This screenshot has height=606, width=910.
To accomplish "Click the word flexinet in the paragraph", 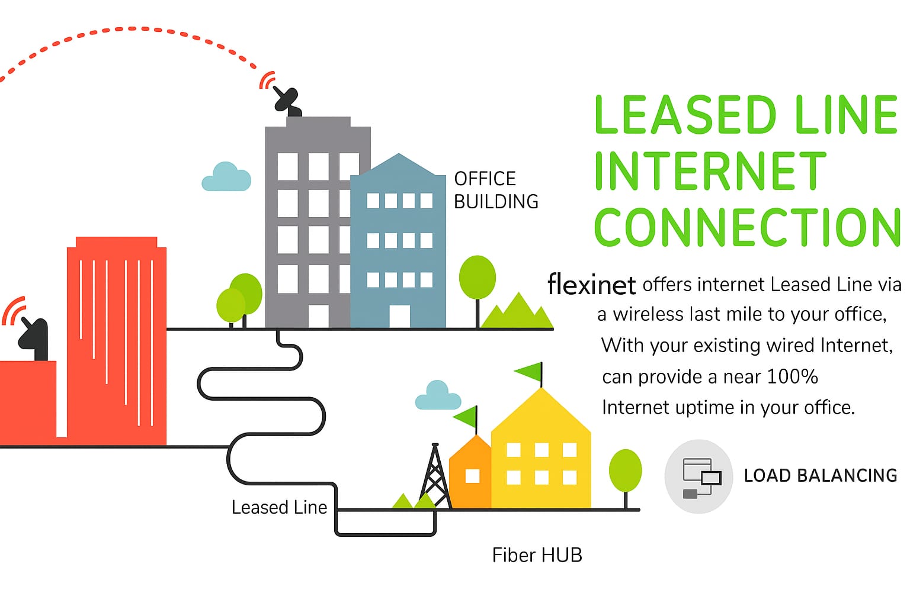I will pyautogui.click(x=591, y=285).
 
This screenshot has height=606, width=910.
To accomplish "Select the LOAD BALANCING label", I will pyautogui.click(x=820, y=475).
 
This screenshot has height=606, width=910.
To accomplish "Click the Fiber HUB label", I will pyautogui.click(x=537, y=555).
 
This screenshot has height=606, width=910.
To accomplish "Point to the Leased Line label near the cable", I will pyautogui.click(x=279, y=507).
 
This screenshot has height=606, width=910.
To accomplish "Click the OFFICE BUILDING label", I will pyautogui.click(x=496, y=190).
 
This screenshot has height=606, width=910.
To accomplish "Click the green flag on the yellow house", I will pyautogui.click(x=530, y=372).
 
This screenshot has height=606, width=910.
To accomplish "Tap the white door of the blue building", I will pyautogui.click(x=399, y=316).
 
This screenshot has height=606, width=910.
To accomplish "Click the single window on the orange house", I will pyautogui.click(x=472, y=476).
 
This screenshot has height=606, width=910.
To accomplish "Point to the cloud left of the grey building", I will pyautogui.click(x=226, y=178).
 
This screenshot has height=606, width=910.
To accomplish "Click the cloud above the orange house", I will pyautogui.click(x=438, y=397).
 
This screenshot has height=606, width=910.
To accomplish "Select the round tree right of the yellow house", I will pyautogui.click(x=625, y=471).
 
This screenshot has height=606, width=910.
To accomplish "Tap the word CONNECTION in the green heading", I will pyautogui.click(x=747, y=228).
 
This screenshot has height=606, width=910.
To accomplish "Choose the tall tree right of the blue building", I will pyautogui.click(x=478, y=278).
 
